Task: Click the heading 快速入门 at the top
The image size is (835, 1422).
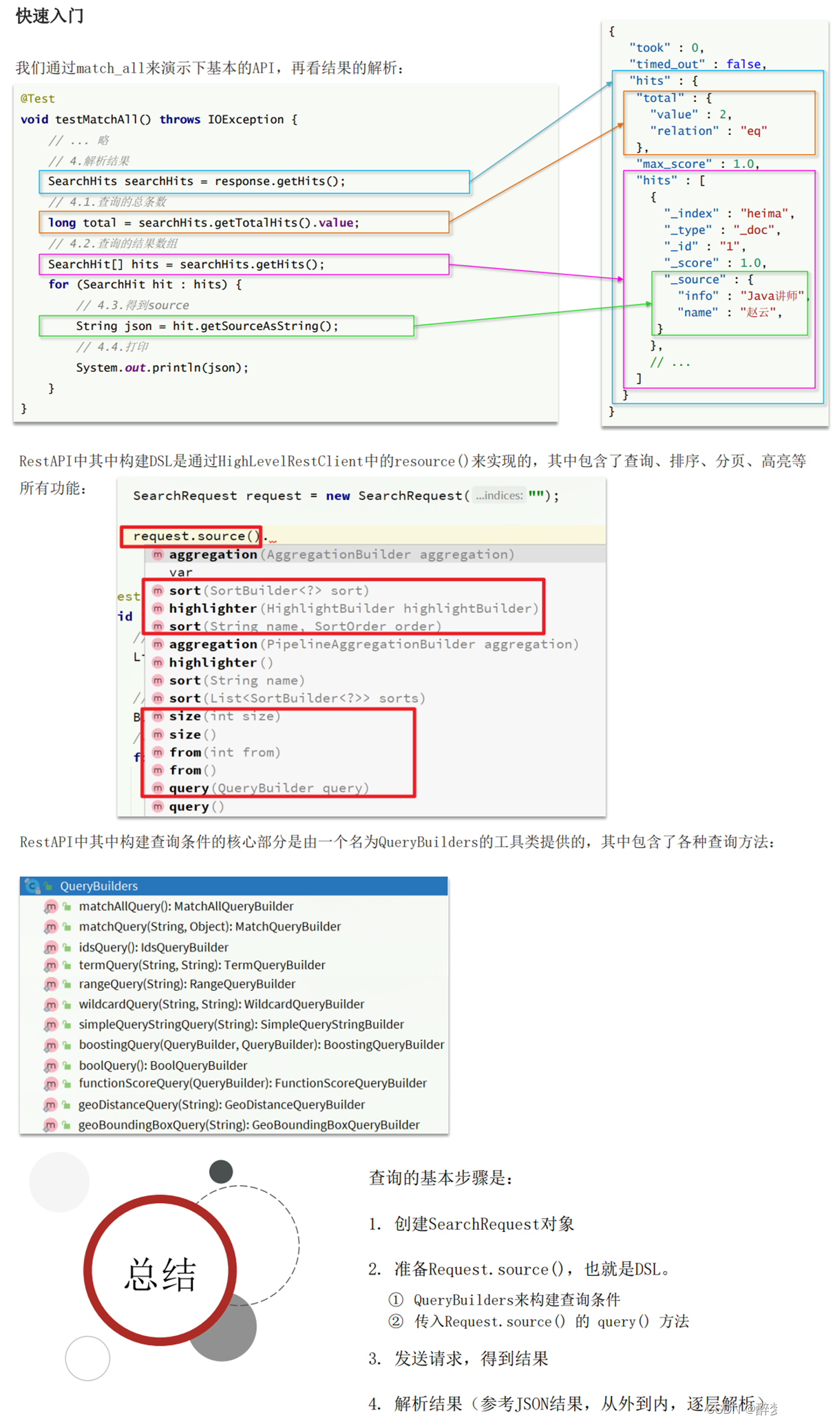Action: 50,16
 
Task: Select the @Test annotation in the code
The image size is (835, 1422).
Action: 37,98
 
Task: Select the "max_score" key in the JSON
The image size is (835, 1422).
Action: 674,164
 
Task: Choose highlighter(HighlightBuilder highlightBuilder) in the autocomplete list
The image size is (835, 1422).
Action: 353,608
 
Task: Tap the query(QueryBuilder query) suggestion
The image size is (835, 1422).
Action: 268,788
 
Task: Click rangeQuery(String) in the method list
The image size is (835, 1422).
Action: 187,984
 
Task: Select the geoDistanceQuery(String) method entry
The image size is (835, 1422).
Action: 221,1105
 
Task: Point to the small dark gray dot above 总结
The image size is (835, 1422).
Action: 221,1171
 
